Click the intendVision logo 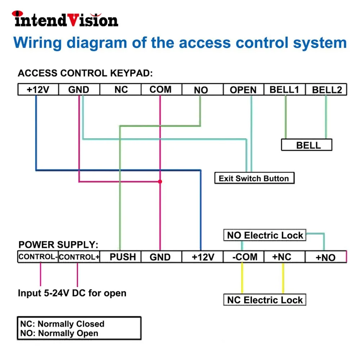coord(65,19)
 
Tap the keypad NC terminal coord(121,89)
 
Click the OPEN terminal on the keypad coord(243,89)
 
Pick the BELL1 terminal coord(285,89)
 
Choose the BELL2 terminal coord(326,89)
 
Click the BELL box coord(307,145)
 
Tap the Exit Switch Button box coord(255,178)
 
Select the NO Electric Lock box coord(265,235)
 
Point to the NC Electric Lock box coord(265,300)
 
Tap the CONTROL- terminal coord(38,257)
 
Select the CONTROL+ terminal coord(79,257)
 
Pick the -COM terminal coord(244,257)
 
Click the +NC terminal coord(285,257)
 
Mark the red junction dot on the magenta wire coord(160,181)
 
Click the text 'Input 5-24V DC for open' coord(72,293)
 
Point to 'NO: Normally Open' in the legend coord(59,333)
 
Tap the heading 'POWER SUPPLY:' coord(58,244)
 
